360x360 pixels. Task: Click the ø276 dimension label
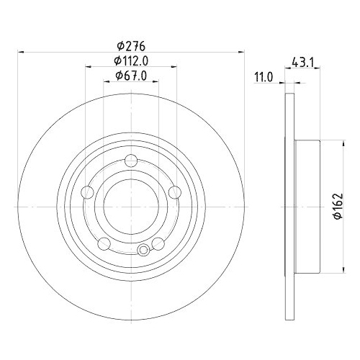pyautogui.click(x=130, y=45)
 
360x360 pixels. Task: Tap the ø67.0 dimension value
pyautogui.click(x=130, y=76)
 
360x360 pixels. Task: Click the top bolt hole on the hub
pyautogui.click(x=130, y=161)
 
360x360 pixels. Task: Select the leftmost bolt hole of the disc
pyautogui.click(x=87, y=192)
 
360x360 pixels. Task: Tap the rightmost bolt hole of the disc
pyautogui.click(x=174, y=192)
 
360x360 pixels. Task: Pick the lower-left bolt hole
pyautogui.click(x=104, y=242)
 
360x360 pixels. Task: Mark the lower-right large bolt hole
pyautogui.click(x=157, y=242)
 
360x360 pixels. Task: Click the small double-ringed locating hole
pyautogui.click(x=143, y=250)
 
